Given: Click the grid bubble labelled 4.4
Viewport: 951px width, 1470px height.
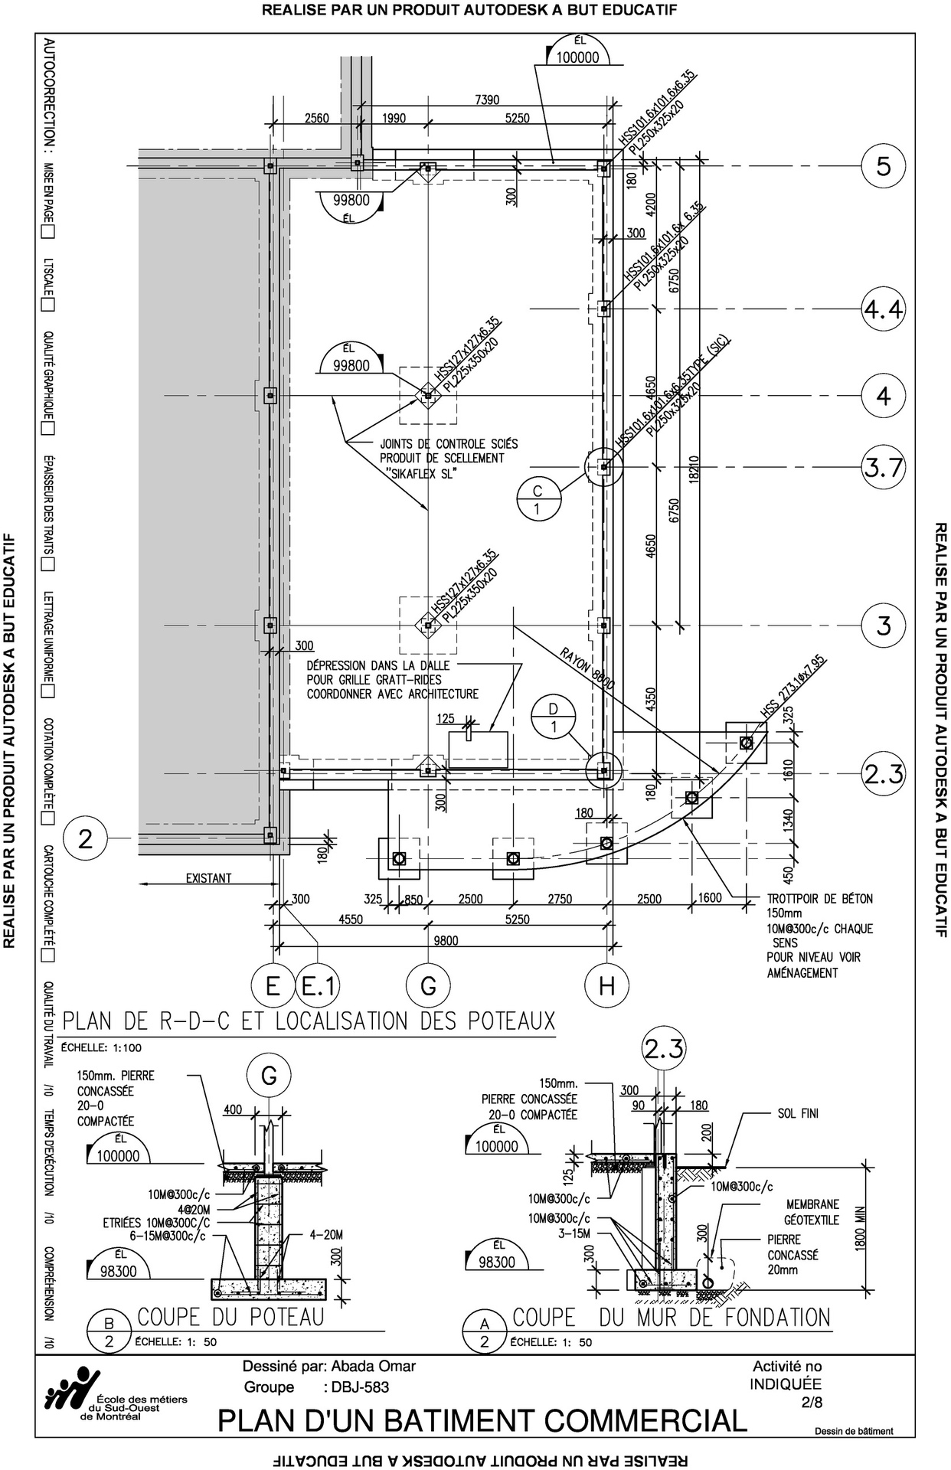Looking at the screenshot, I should click(x=884, y=309).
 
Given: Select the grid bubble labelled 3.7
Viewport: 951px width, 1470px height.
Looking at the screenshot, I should click(x=884, y=467).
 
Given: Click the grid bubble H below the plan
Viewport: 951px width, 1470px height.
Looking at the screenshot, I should click(x=606, y=986).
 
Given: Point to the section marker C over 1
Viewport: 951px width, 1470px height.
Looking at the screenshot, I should click(x=538, y=498).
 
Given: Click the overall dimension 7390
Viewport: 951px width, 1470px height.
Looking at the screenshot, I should click(x=486, y=100).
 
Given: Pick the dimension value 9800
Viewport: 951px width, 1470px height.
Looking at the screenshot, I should click(x=446, y=940).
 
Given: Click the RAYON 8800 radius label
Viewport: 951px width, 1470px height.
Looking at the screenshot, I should click(x=588, y=671).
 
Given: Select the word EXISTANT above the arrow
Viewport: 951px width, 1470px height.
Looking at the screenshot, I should click(x=208, y=878).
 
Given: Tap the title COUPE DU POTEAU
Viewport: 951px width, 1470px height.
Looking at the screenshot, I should click(x=230, y=1317).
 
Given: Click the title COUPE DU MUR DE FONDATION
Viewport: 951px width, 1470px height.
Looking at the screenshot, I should click(x=671, y=1317).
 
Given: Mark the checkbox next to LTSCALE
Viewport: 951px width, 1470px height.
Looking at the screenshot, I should click(x=48, y=305).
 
